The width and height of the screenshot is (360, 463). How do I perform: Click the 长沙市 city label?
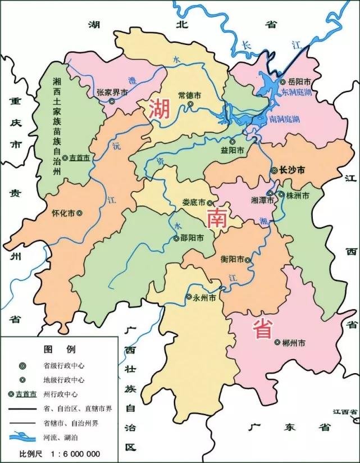click(x=293, y=169)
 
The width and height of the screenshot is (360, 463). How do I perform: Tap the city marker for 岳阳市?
click(x=283, y=82)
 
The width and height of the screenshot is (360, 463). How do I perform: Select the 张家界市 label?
click(x=112, y=93)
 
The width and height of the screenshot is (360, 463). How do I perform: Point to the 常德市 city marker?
click(x=190, y=104)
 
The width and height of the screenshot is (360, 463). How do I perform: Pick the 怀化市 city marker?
click(x=79, y=214)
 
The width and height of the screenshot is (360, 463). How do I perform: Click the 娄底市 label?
click(x=194, y=203)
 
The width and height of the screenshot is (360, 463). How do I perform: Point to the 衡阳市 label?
click(x=231, y=260)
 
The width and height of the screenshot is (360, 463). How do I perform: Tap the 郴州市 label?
click(x=294, y=342)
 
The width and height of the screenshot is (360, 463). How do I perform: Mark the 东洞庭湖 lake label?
click(x=296, y=91)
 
